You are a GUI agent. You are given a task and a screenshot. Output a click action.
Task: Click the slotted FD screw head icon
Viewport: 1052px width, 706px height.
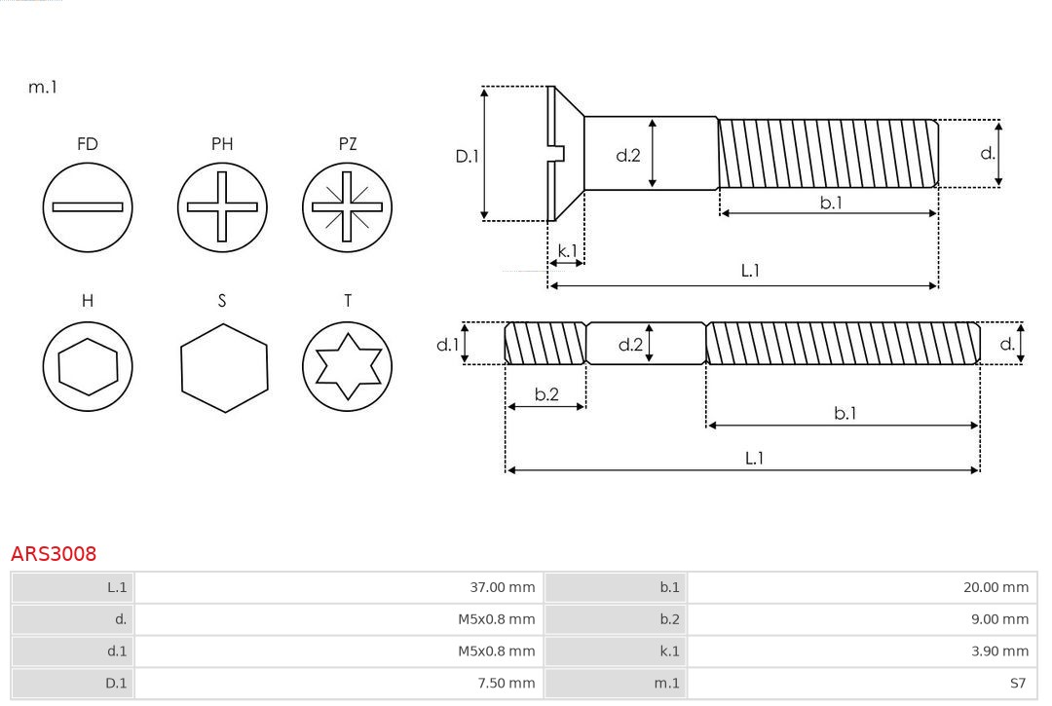click(88, 206)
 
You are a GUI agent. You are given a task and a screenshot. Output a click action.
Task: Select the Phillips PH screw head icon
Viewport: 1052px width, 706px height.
click(222, 206)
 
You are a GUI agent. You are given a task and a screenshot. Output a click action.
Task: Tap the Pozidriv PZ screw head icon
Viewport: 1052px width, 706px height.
click(347, 206)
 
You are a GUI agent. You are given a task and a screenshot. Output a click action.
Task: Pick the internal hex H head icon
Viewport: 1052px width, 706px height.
click(88, 366)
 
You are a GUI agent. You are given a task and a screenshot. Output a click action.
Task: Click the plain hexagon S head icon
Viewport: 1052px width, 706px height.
click(223, 366)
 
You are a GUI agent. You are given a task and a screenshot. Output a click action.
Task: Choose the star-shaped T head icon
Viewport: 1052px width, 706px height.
click(347, 366)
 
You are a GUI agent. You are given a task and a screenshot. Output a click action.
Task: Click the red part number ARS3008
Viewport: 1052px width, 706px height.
click(54, 554)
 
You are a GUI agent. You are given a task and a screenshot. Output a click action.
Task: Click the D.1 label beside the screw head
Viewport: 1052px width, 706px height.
click(468, 155)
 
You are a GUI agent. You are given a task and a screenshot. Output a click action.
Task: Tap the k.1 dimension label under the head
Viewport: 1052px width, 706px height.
click(566, 250)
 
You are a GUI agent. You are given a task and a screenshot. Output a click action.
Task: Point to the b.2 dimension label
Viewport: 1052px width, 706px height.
click(546, 394)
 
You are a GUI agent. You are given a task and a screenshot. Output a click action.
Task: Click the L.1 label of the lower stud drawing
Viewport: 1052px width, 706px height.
click(754, 458)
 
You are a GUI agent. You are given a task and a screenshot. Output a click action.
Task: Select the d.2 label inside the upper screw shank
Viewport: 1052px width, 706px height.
click(628, 154)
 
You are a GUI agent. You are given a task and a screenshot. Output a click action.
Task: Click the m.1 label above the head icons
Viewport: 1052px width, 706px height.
click(43, 87)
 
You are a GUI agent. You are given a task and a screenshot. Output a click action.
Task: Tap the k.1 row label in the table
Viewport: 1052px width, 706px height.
click(669, 651)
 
